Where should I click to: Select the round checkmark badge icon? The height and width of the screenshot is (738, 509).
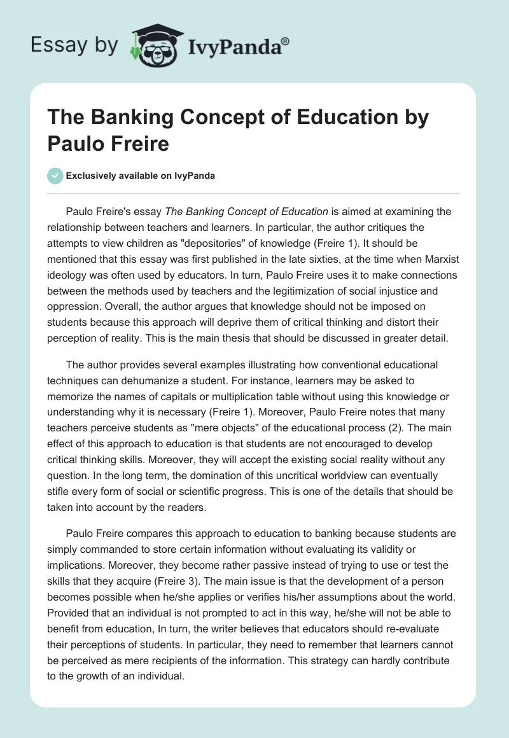click(55, 176)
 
